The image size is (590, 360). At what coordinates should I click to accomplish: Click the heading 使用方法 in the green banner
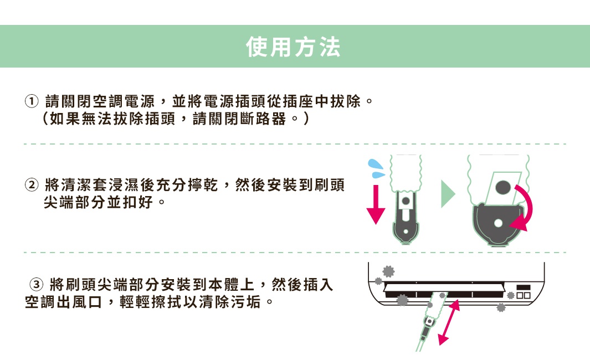click(x=294, y=48)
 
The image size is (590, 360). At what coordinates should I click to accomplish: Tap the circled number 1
click(x=31, y=102)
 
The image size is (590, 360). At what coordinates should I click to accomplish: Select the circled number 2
click(x=32, y=184)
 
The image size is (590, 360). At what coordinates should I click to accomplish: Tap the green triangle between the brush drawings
click(x=447, y=193)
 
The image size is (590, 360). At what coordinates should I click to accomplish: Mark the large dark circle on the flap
click(x=504, y=187)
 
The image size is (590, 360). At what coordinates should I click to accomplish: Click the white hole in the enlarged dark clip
click(x=497, y=223)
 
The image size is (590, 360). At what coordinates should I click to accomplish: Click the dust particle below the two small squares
click(x=502, y=308)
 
